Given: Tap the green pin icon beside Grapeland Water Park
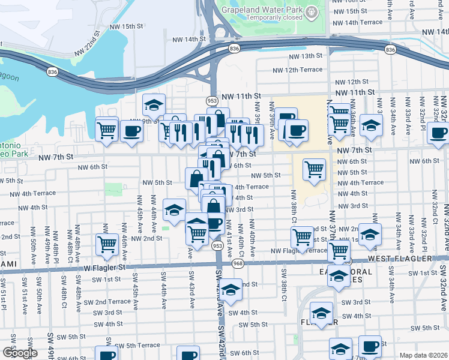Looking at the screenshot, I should [x=312, y=12].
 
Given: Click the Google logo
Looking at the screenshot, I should [x=20, y=353].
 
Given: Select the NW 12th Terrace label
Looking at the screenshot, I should [x=304, y=70].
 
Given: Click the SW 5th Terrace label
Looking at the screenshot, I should [x=137, y=346].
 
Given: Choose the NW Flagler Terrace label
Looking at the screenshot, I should [x=298, y=251].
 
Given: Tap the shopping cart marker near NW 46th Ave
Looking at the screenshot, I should [x=107, y=244].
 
